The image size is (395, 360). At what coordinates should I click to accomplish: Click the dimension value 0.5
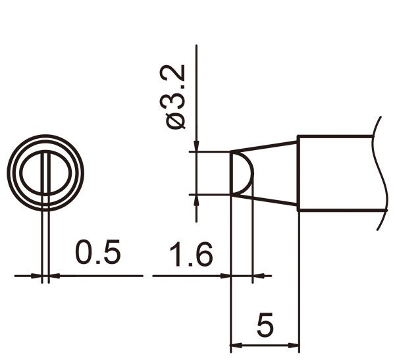click(97, 253)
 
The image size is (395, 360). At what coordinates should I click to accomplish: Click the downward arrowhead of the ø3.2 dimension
click(197, 147)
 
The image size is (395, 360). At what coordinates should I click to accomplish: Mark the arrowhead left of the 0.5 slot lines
click(36, 276)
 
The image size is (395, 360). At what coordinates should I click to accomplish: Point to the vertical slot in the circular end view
click(45, 173)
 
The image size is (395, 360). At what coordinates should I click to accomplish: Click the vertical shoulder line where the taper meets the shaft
click(298, 172)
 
